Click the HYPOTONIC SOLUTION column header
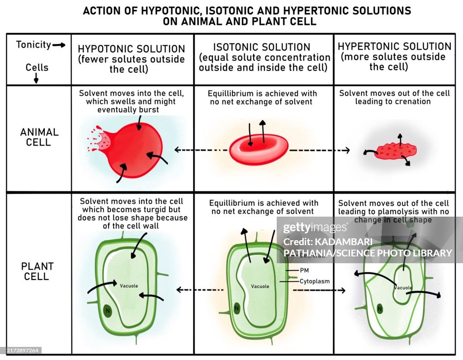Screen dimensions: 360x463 pos(132,49)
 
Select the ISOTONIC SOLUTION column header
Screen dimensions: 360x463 pos(262,47)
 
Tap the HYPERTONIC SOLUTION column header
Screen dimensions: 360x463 pos(394,46)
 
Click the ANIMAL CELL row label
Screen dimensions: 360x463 pos(39,137)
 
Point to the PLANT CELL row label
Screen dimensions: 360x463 pos(38,271)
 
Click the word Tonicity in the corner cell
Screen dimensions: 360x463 pos(33,45)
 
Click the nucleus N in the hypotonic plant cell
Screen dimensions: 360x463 pos(107,310)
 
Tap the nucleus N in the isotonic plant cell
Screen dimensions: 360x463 pos(236,309)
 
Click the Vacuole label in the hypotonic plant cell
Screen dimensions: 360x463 pos(129,285)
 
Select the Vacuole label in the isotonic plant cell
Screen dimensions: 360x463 pos(260,286)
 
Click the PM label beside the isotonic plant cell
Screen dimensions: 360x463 pos(304,270)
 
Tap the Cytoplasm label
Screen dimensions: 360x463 pos(315,281)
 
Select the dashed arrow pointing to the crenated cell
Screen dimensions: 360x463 pos(319,150)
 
